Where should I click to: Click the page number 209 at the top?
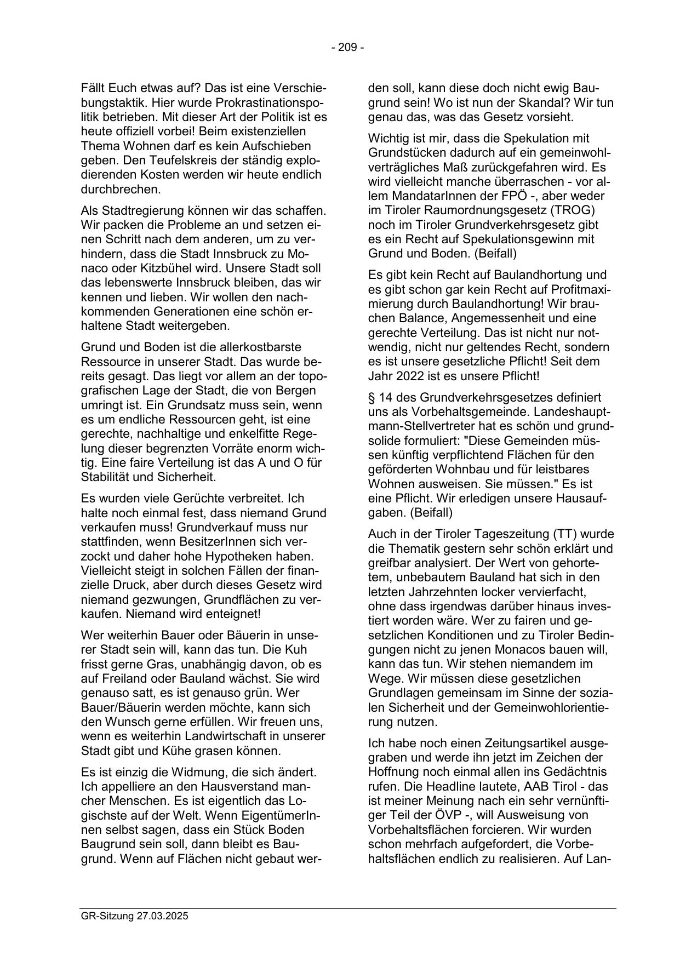[x=347, y=48]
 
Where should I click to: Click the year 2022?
[x=409, y=376]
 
